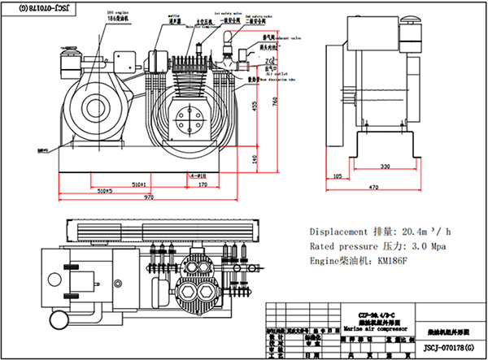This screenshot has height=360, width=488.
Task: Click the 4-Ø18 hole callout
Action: tap(198, 175)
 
